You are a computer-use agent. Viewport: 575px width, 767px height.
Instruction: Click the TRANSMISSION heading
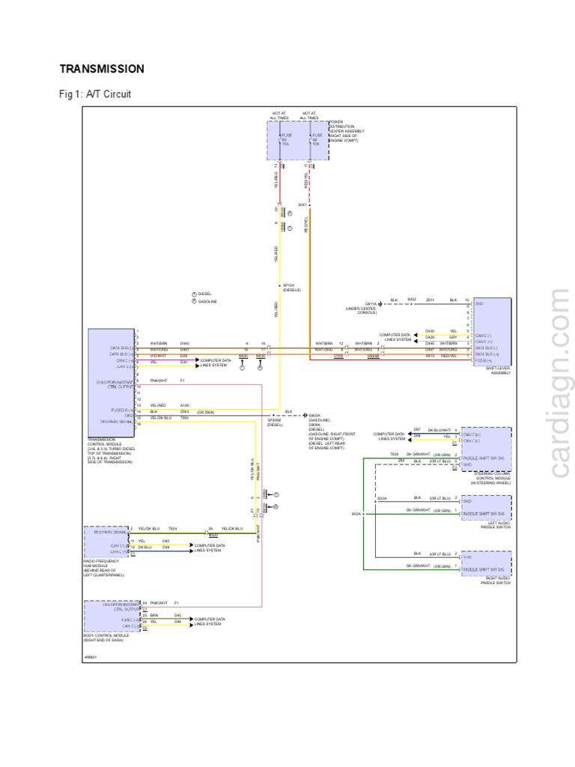102,69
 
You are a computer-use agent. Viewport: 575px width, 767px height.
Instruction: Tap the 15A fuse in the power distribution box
284,139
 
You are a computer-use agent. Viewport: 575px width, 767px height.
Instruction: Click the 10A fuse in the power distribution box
316,139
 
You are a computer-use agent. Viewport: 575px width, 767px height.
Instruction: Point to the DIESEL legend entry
203,294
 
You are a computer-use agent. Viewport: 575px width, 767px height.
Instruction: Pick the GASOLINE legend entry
205,301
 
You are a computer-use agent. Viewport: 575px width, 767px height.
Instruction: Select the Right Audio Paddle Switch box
487,562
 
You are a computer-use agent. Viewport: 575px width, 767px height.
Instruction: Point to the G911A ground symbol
380,302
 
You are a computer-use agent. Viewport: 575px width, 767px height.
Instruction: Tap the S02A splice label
356,514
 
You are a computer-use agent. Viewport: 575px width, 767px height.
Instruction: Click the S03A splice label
381,498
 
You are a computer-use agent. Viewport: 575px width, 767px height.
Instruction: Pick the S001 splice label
302,204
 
